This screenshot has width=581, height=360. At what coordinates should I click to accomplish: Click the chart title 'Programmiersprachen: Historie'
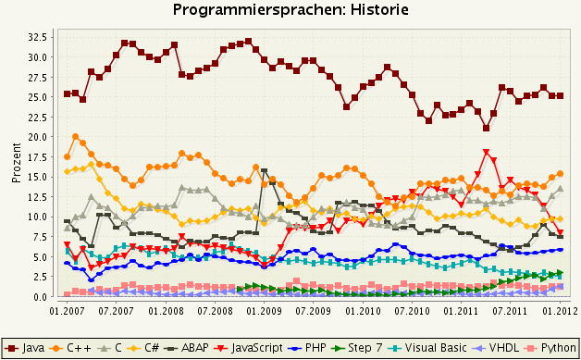(290, 10)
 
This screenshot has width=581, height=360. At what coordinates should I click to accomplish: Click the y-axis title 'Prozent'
(18, 163)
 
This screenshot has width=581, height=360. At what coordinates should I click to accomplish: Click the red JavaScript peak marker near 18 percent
(486, 153)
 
